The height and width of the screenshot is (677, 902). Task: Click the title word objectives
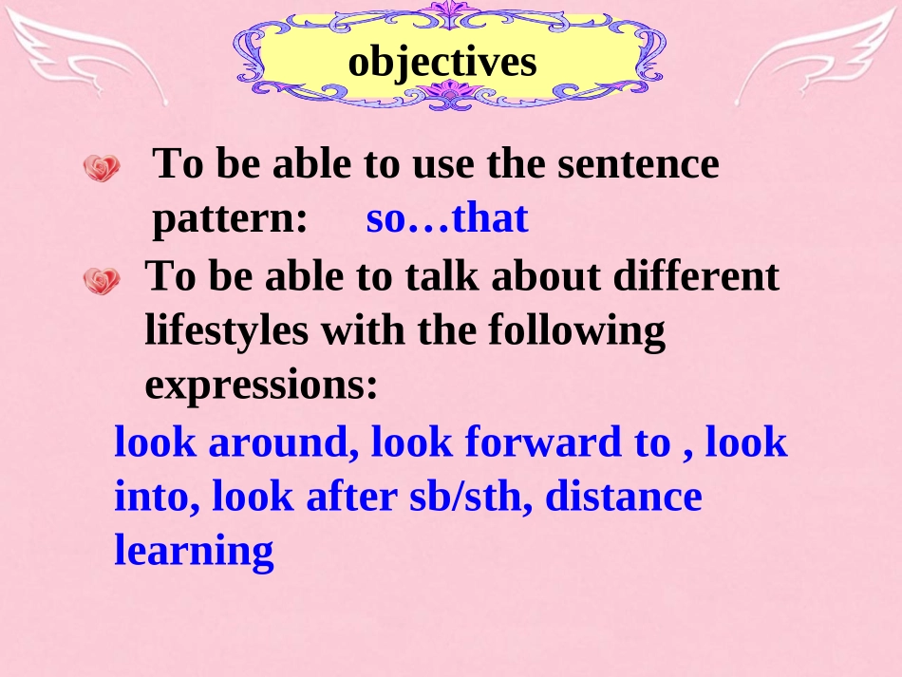click(442, 62)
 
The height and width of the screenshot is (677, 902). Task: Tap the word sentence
click(638, 164)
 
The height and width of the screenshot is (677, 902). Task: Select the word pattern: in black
click(230, 219)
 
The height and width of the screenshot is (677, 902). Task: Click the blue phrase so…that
click(446, 219)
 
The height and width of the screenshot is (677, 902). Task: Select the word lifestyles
click(227, 331)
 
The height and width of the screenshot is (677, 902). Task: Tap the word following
click(576, 331)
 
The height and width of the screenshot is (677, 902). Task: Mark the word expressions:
click(262, 386)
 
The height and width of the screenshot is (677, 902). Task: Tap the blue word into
click(156, 497)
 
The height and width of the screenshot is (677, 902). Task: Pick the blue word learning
click(194, 552)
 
